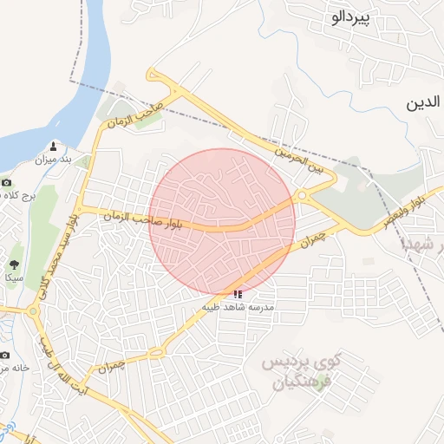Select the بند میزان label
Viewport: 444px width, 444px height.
51,160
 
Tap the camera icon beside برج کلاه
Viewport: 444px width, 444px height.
7,183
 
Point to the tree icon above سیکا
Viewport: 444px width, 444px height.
14,264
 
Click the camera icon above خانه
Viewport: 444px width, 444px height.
4,355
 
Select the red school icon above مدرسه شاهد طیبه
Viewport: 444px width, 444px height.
238,295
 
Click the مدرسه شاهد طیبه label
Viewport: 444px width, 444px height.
238,308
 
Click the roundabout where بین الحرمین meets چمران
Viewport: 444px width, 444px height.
302,196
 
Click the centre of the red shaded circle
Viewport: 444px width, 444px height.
223,221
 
